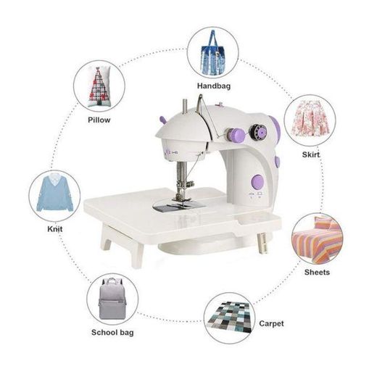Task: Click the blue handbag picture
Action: coord(213,52)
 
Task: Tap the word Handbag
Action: coord(214,86)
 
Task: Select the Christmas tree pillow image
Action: coord(99,86)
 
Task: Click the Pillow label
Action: coord(99,120)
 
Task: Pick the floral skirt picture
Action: coord(310,118)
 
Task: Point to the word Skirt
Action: coord(311,154)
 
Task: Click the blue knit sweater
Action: coord(55,194)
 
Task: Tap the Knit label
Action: coord(55,229)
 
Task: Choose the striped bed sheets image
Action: coord(318,239)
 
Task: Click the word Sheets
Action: coord(317,272)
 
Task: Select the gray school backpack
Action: coord(112,299)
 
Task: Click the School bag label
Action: coord(112,333)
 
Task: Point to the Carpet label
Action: coord(271,323)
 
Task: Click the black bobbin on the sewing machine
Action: coord(258,132)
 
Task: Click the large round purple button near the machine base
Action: coord(257,182)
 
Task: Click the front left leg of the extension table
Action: coord(137,255)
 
